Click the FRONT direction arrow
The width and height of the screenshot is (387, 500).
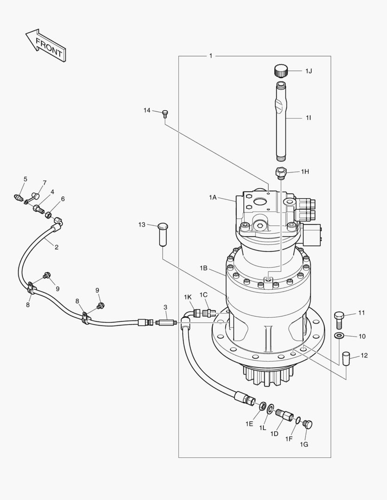46,45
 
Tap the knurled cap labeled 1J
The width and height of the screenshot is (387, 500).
281,70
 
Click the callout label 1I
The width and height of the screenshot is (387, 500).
308,118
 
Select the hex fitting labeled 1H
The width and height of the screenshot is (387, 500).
281,173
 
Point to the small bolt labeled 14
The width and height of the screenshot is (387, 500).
165,113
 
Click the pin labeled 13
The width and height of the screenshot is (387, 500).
163,234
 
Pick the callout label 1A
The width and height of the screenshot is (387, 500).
213,198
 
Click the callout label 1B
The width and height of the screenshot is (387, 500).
203,269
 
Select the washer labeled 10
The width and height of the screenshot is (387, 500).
338,336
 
